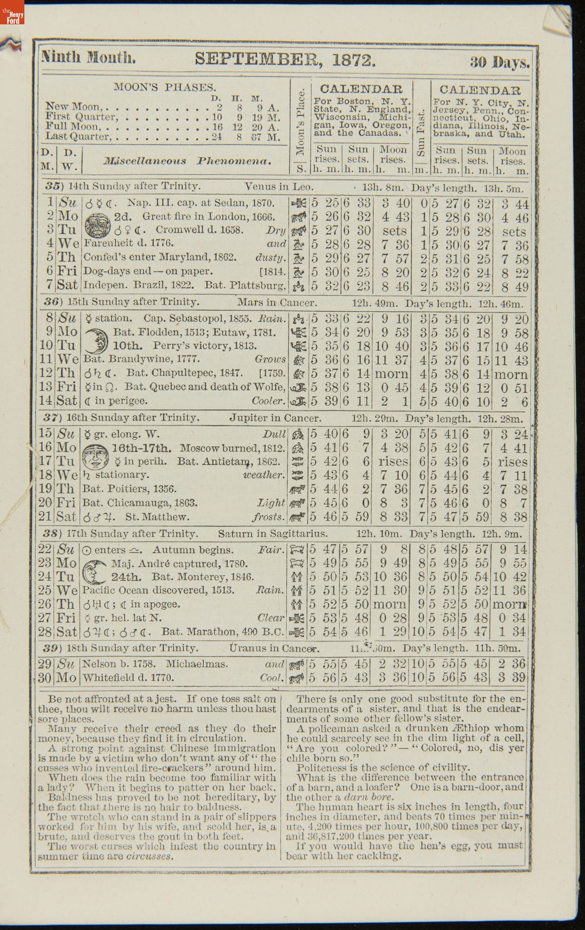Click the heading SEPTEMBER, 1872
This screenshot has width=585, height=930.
click(x=285, y=59)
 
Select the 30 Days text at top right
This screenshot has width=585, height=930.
click(x=499, y=62)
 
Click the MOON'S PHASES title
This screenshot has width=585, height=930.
click(x=164, y=88)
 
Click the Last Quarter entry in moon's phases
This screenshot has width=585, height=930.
click(x=78, y=137)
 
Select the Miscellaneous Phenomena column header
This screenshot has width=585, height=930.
click(x=187, y=161)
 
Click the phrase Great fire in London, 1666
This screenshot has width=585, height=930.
click(x=209, y=217)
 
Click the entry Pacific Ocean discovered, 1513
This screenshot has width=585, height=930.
click(x=158, y=591)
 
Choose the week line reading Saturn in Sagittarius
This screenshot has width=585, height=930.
click(x=273, y=534)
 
